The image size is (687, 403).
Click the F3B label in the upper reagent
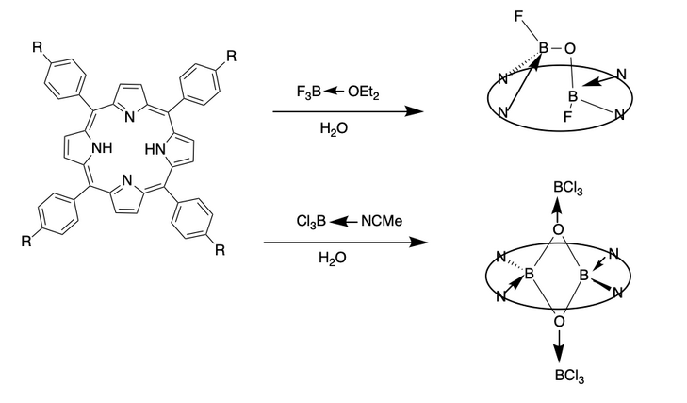coord(309,92)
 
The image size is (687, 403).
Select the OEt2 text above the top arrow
coord(363,92)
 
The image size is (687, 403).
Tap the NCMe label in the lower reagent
coord(382,221)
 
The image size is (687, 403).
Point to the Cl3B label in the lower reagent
coord(311,221)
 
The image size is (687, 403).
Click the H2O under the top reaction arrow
coord(334,128)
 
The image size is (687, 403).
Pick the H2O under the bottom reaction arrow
coord(333,258)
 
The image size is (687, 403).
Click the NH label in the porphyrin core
coord(102,148)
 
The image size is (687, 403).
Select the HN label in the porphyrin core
coord(155,149)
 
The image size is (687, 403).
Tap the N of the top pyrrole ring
coord(130,117)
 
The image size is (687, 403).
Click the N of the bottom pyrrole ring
coord(127,180)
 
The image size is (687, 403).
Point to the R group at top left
coord(38,47)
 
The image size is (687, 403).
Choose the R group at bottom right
coord(220,250)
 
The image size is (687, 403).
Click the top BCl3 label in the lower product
coord(568,188)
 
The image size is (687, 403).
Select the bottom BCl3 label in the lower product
coord(569,376)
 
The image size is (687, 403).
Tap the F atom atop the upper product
coord(519,17)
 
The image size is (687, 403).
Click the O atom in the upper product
coord(569,48)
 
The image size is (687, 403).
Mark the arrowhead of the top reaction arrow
coord(414,111)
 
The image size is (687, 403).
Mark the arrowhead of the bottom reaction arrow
coord(417,243)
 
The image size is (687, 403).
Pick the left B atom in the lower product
coord(530,274)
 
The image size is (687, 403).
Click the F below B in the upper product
coord(568,117)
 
